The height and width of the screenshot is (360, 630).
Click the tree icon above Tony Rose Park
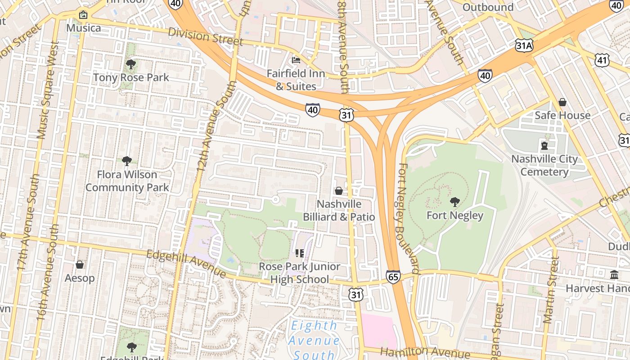(130, 64)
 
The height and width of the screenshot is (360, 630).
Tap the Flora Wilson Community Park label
(127, 181)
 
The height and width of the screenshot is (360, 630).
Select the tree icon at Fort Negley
(454, 202)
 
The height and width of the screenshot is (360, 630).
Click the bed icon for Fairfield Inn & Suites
(296, 60)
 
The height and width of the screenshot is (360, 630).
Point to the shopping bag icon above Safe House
(562, 103)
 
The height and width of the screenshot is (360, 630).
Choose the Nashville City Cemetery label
(544, 165)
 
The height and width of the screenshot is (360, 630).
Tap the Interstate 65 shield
(393, 276)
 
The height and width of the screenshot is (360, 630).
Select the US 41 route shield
(602, 59)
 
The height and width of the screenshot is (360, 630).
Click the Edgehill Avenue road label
(186, 264)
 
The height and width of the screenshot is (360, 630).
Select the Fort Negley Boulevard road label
(408, 218)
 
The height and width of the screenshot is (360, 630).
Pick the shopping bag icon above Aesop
(80, 265)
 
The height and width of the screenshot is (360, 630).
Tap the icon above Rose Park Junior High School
(300, 254)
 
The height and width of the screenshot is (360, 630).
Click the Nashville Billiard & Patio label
(339, 210)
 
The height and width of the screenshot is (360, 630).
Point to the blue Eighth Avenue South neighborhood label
(314, 340)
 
